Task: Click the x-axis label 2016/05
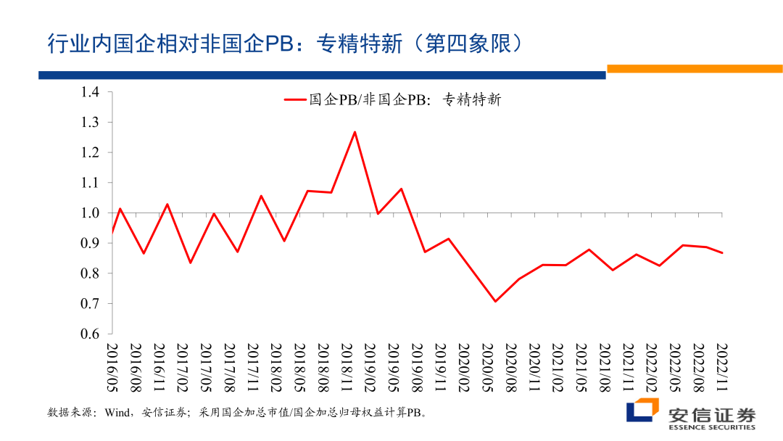112,367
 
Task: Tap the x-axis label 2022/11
722,367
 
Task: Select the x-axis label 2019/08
417,367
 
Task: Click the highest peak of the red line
355,131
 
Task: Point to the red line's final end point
723,252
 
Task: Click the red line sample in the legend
294,99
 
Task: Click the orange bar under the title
694,69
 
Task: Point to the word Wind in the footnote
118,413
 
